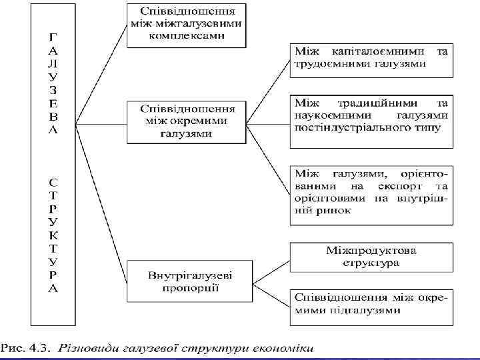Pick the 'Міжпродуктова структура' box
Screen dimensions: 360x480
point(371,257)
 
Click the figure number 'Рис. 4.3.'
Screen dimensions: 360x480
point(26,347)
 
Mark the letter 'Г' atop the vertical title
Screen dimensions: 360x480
point(53,35)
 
